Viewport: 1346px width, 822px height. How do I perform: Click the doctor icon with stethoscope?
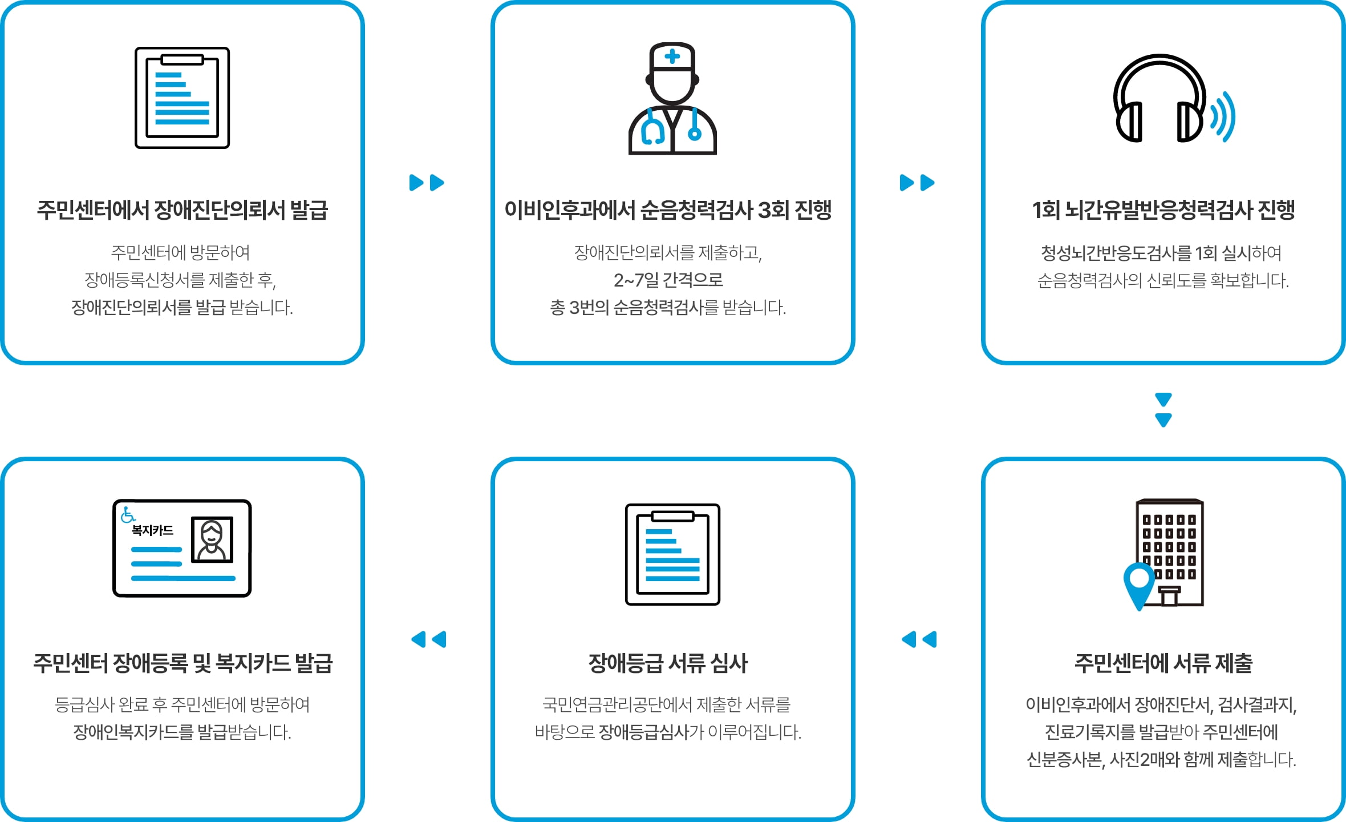coord(672,98)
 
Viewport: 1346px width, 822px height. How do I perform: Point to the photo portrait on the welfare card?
coord(212,539)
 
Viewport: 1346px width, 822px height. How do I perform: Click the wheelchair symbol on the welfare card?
coord(128,515)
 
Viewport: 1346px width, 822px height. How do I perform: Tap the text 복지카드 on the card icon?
coord(152,530)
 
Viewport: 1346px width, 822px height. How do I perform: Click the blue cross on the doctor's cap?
coord(672,56)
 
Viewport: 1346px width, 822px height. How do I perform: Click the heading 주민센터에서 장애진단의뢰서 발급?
coord(183,210)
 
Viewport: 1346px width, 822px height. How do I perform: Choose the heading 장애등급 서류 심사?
coord(668,663)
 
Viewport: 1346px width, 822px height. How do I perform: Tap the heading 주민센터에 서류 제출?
coord(1163,663)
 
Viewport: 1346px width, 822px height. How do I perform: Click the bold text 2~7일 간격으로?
coord(668,280)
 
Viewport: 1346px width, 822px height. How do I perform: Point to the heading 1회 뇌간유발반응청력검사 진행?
coord(1163,210)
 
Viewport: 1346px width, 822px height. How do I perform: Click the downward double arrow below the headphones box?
coord(1163,410)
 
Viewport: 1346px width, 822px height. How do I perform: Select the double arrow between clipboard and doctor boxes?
coord(427,183)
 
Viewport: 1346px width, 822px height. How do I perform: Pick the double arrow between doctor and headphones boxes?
coord(917,183)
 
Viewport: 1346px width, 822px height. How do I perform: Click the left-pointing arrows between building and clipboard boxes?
coord(919,639)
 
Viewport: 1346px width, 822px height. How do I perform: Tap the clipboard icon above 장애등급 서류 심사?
coord(672,554)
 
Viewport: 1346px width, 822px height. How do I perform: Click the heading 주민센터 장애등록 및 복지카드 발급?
coord(183,663)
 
